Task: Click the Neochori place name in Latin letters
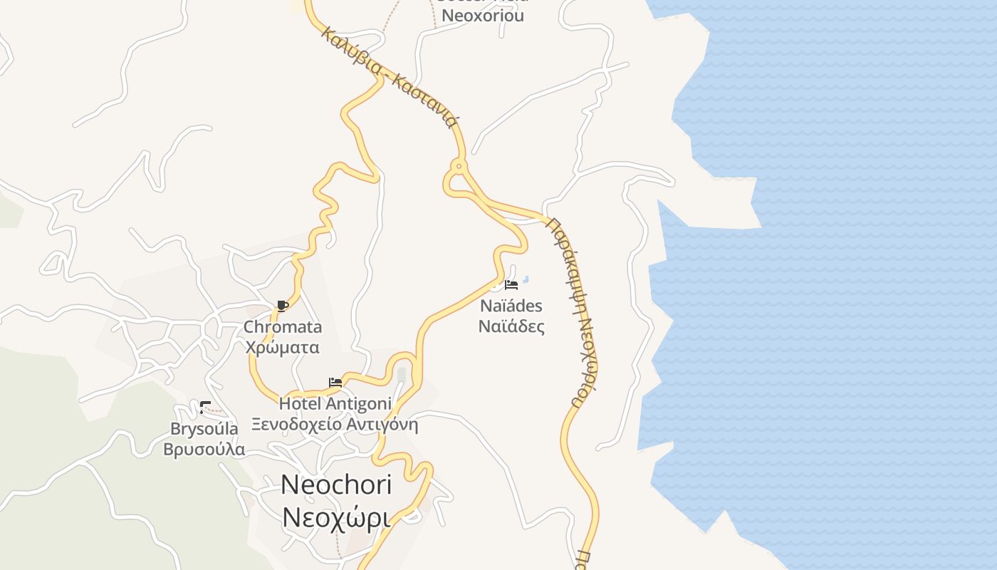point(336,484)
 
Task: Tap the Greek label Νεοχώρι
point(336,518)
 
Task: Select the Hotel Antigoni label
point(335,403)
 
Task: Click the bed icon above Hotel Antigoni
point(335,383)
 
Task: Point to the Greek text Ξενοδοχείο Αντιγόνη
point(335,425)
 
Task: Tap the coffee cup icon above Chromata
point(282,306)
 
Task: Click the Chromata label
point(283,327)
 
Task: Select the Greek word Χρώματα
point(282,348)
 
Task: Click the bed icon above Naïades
point(511,285)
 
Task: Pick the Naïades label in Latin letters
point(511,306)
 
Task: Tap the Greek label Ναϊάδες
point(511,327)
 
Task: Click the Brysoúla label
point(204,429)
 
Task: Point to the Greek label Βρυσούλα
point(204,450)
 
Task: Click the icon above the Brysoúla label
point(205,408)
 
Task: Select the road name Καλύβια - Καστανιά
point(389,76)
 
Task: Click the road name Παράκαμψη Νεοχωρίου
point(573,311)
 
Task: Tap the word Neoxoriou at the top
point(483,15)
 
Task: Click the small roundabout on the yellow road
point(459,167)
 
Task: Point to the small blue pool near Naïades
point(526,279)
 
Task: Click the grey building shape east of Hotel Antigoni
point(402,375)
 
